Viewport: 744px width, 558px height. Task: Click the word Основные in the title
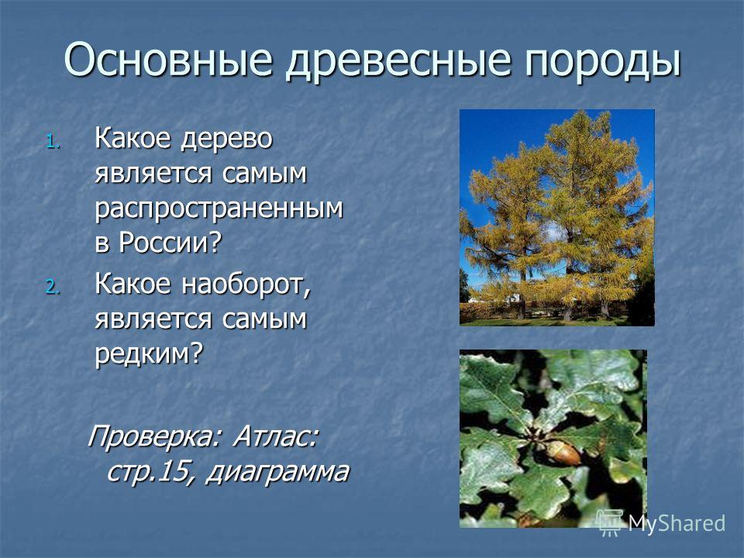pos(168,60)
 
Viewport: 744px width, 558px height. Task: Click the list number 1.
pos(53,141)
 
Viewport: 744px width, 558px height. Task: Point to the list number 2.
pos(53,287)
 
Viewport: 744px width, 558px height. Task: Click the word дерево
pos(227,139)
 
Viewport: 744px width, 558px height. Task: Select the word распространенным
pos(219,209)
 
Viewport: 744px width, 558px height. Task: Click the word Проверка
pos(151,437)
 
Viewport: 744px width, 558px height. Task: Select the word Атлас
pos(274,436)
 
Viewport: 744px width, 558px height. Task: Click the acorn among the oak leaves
pos(563,453)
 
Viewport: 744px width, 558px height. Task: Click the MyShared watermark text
pos(676,523)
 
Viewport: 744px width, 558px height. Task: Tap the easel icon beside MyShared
pos(610,522)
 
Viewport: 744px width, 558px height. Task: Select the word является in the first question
pos(153,174)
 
